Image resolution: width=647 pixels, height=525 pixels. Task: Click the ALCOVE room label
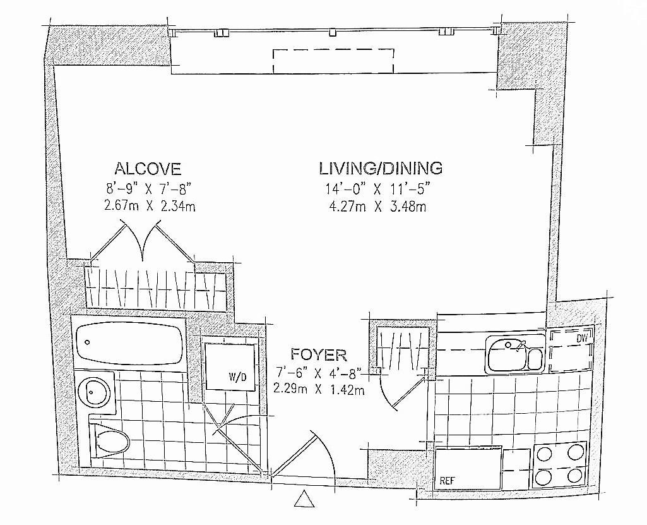148,169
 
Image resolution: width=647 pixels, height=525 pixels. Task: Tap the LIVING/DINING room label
381,168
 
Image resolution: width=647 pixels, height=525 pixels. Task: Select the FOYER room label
319,353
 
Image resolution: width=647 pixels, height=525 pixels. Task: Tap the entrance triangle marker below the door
304,500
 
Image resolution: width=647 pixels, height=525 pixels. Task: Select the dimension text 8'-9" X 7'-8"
148,188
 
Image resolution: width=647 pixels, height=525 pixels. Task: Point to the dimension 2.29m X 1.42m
319,390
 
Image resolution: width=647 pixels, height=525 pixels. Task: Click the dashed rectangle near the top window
333,62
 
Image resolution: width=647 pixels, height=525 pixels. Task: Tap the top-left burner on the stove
545,453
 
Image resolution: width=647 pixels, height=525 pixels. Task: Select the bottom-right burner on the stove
574,476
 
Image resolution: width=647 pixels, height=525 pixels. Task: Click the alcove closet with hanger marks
155,287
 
